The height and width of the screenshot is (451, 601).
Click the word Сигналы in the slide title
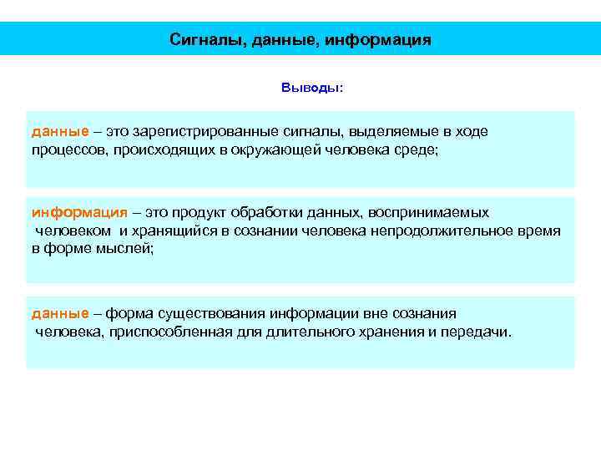(200, 39)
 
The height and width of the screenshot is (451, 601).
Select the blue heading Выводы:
(311, 88)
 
